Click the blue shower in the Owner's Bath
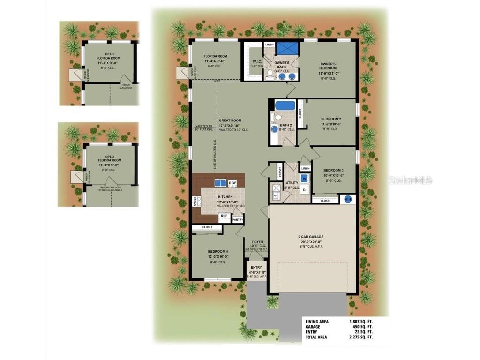[x=287, y=48]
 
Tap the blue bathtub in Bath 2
[x=285, y=105]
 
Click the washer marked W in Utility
[x=304, y=178]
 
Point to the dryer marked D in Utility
[x=304, y=190]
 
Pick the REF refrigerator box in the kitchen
[x=224, y=216]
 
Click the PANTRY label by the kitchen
[x=238, y=219]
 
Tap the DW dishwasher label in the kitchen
[x=232, y=182]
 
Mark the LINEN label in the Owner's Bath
[x=269, y=45]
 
